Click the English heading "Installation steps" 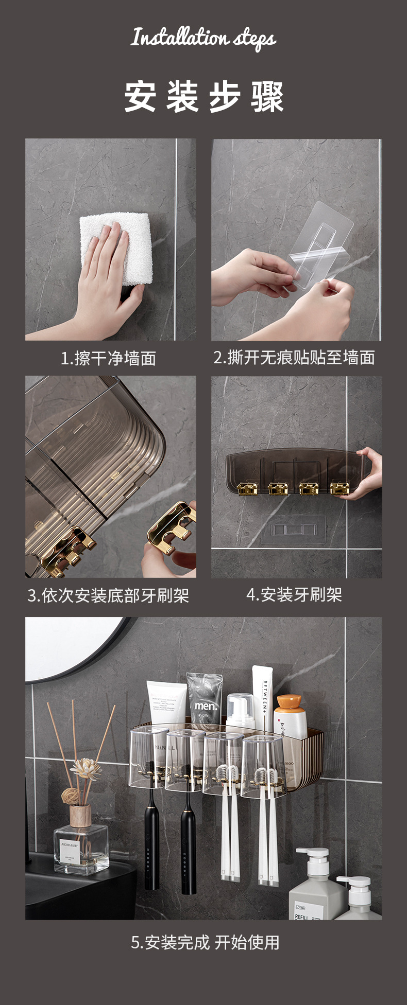tap(203, 38)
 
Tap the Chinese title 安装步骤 tap(203, 96)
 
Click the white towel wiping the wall tap(124, 247)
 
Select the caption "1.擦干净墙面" tap(108, 358)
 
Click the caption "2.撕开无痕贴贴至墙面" tap(294, 357)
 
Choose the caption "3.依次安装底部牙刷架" tap(108, 595)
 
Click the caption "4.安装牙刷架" tap(294, 595)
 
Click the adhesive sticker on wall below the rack tap(293, 528)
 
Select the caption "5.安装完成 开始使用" tap(205, 942)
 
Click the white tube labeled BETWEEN tap(262, 695)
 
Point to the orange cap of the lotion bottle tap(289, 701)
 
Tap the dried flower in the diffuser tap(86, 770)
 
